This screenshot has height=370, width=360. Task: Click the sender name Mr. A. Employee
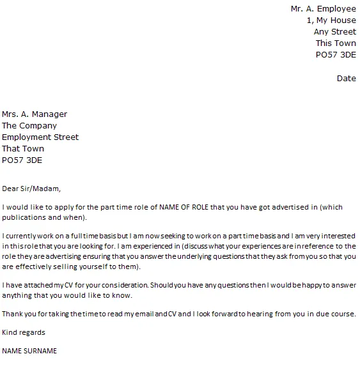click(324, 8)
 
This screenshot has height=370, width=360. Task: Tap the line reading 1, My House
click(332, 20)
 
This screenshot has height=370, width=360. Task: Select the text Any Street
click(335, 32)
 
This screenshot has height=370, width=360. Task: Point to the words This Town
click(336, 43)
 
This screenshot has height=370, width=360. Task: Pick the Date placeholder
click(346, 78)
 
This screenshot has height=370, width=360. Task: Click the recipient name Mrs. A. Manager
click(35, 114)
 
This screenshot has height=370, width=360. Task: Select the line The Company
click(29, 126)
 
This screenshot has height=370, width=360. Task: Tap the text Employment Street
click(40, 137)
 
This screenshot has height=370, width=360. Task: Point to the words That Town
click(23, 149)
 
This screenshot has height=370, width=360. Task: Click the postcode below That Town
click(22, 160)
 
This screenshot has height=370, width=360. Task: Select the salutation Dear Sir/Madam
click(31, 189)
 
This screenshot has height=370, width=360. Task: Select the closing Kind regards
click(24, 332)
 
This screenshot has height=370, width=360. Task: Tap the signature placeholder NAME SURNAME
click(29, 351)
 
